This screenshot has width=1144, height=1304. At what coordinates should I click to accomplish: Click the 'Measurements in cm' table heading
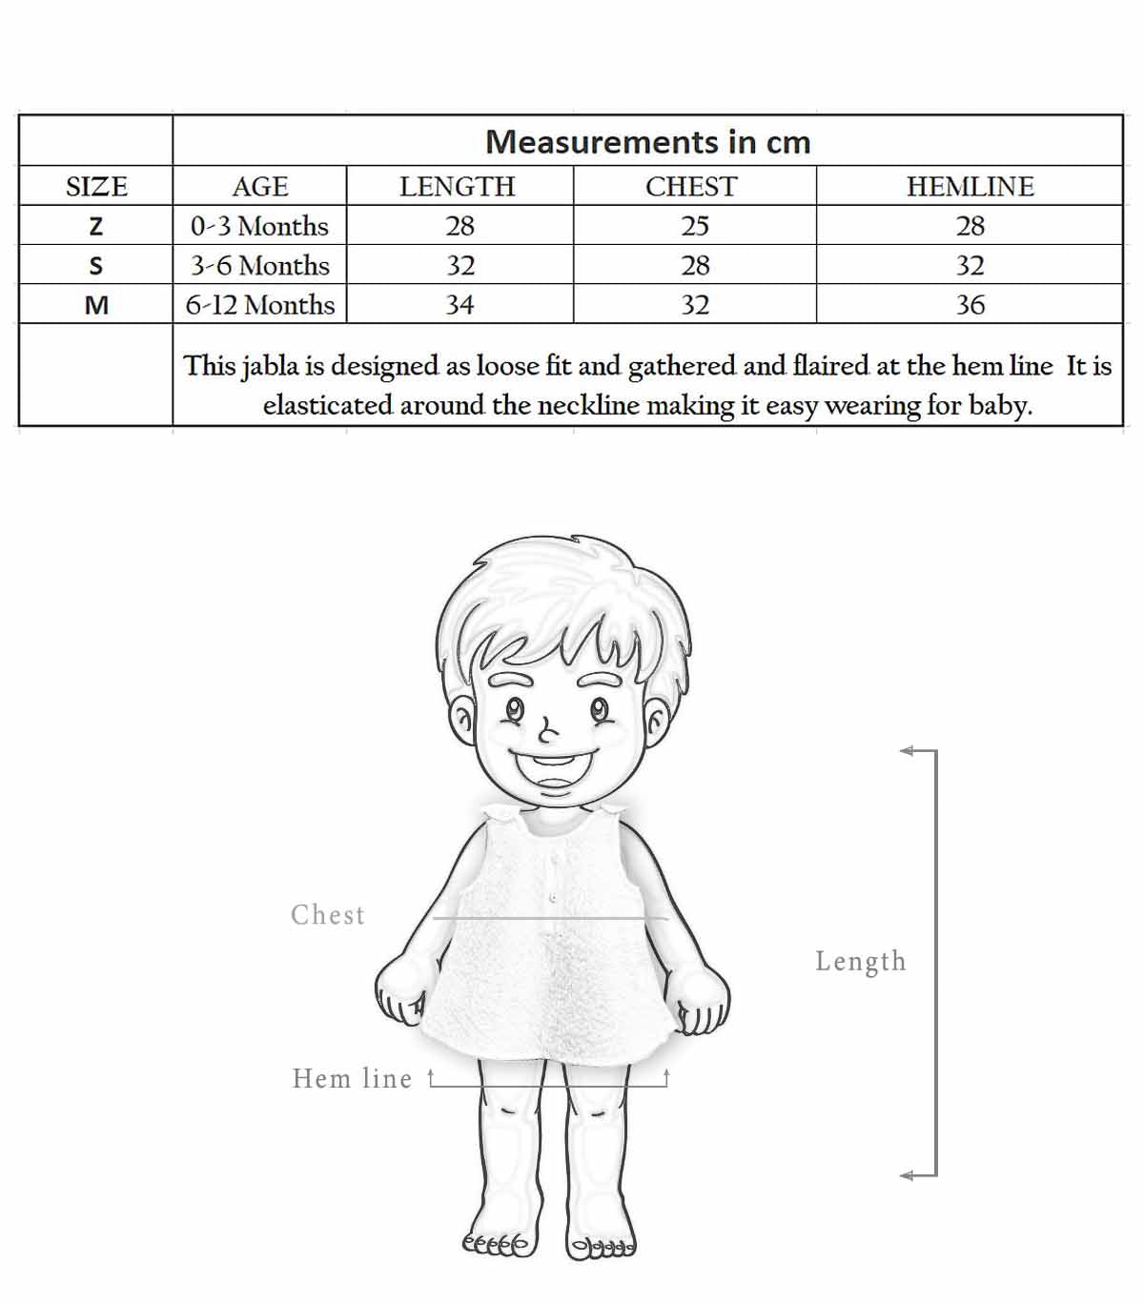pyautogui.click(x=647, y=142)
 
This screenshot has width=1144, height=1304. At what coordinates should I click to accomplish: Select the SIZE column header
pyautogui.click(x=96, y=186)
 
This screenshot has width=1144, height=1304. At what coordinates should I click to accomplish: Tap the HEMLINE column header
pyautogui.click(x=970, y=186)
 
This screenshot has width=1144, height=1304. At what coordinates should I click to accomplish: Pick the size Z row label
pyautogui.click(x=95, y=226)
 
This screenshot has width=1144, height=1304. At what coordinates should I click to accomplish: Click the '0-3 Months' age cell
pyautogui.click(x=259, y=226)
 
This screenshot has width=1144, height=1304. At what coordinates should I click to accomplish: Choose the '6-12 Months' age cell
pyautogui.click(x=259, y=305)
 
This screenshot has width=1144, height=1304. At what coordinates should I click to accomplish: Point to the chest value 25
pyautogui.click(x=695, y=226)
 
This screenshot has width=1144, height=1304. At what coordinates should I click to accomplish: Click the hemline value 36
pyautogui.click(x=970, y=305)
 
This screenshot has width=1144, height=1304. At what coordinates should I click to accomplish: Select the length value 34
pyautogui.click(x=460, y=305)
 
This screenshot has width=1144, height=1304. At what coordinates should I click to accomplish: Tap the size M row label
pyautogui.click(x=96, y=305)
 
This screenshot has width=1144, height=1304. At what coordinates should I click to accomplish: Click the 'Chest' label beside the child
pyautogui.click(x=328, y=915)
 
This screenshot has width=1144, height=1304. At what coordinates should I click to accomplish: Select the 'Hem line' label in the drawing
pyautogui.click(x=352, y=1078)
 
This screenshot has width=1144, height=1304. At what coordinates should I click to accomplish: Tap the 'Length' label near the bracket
pyautogui.click(x=860, y=961)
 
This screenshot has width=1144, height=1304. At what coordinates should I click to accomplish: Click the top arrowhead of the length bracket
pyautogui.click(x=907, y=751)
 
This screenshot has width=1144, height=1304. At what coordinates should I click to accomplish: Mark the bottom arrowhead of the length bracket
pyautogui.click(x=907, y=1175)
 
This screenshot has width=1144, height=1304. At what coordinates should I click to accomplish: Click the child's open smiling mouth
pyautogui.click(x=553, y=765)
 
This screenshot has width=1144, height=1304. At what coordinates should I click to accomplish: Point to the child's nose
pyautogui.click(x=546, y=732)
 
